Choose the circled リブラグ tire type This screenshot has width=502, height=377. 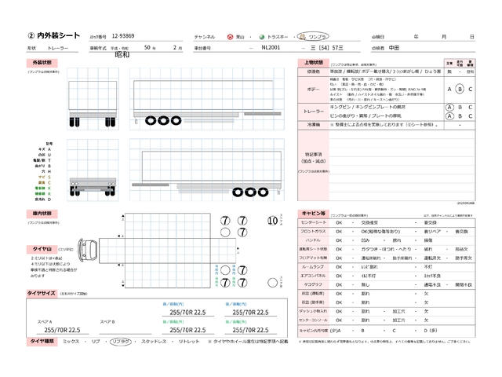[120, 342]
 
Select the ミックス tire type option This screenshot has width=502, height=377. [71, 342]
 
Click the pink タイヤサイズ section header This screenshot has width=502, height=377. [43, 293]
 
